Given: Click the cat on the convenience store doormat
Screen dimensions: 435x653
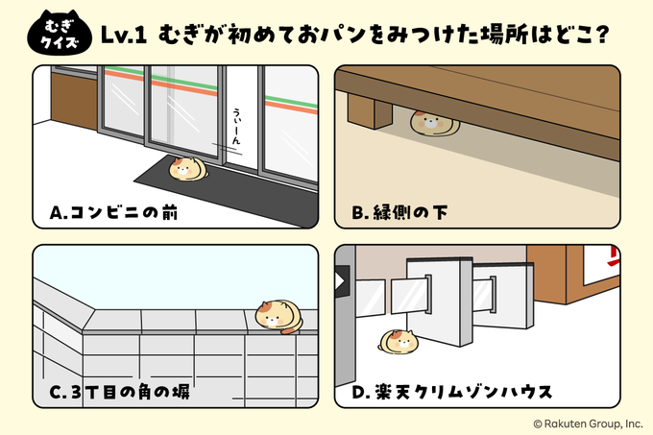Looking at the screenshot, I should pos(186,169).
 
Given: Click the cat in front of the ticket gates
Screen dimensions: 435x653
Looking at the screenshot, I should pos(397,340).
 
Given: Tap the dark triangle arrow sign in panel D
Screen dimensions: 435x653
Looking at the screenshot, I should pos(340,281).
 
